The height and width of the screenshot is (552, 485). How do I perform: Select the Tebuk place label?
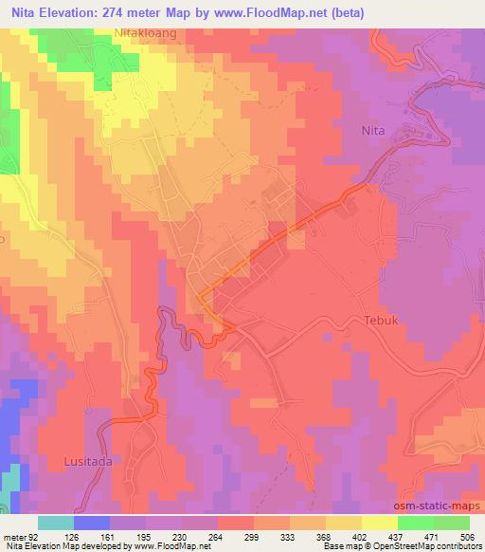(x=384, y=321)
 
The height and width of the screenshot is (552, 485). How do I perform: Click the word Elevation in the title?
(x=80, y=12)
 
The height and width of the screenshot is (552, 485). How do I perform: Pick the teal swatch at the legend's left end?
(x=55, y=523)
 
